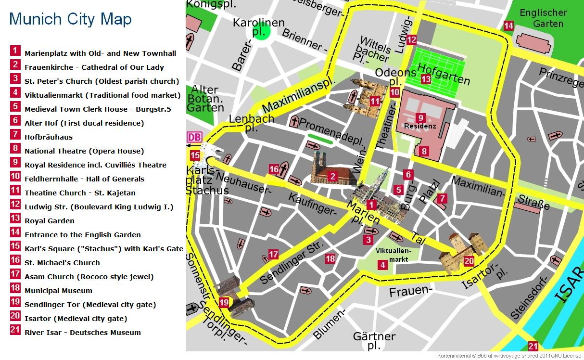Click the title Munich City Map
coord(70,19)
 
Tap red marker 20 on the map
coord(469,261)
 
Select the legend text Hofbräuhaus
coord(49,137)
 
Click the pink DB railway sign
coord(194,137)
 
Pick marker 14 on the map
coord(508,26)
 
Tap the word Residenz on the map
coord(420,126)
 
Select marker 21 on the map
coord(533,346)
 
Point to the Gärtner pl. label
coord(374,341)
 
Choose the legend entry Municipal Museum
coord(58,291)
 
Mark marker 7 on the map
coord(442,198)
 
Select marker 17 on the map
coord(273,254)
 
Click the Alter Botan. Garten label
coord(205,98)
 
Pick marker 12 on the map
coord(411,40)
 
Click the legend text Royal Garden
coord(50,221)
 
